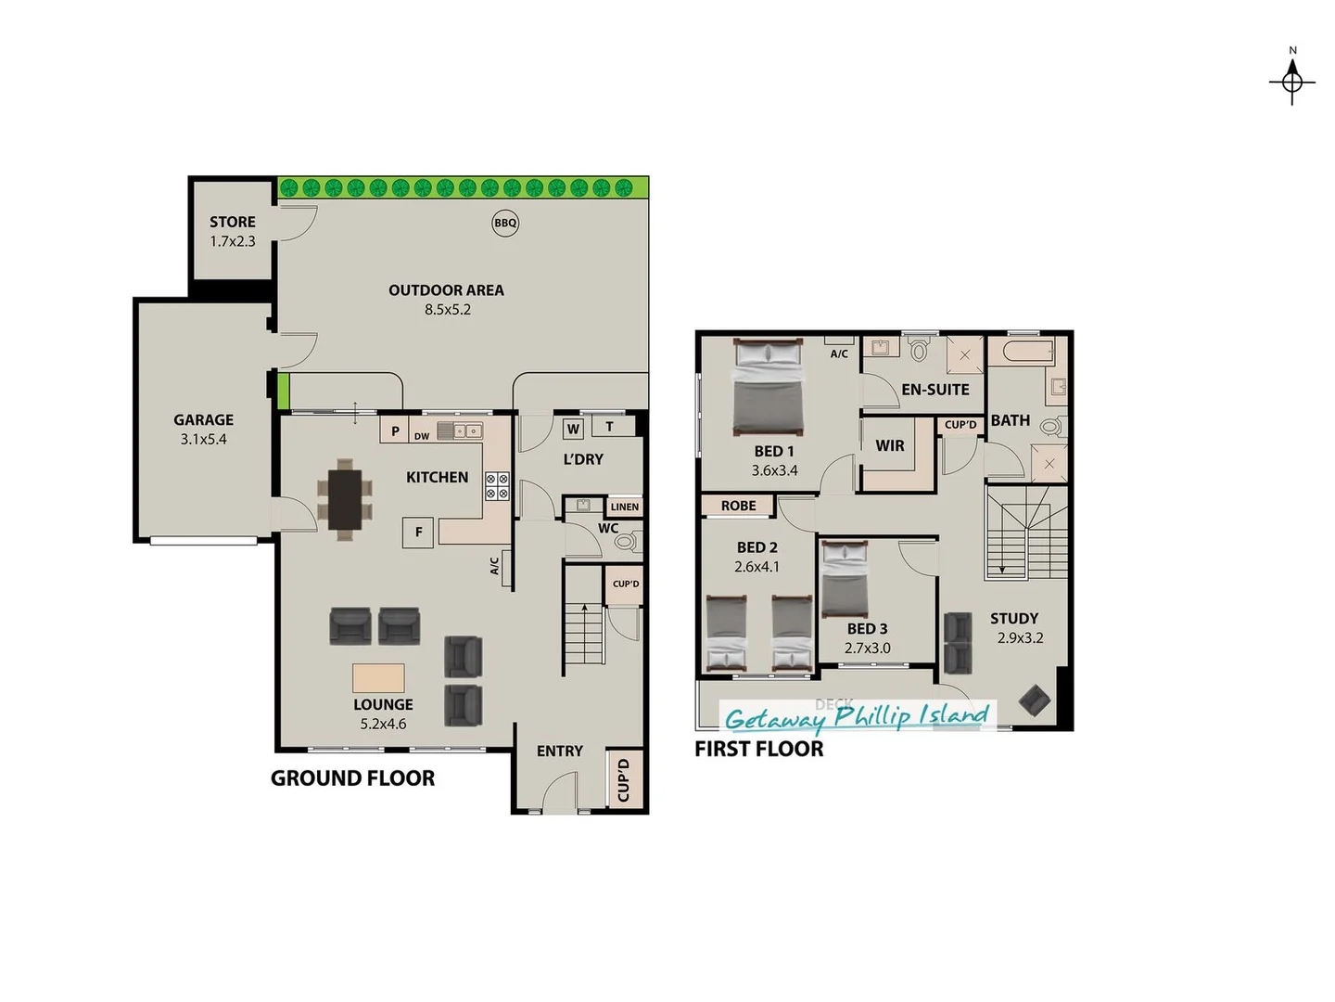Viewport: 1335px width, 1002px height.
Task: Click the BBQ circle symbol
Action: coord(505,223)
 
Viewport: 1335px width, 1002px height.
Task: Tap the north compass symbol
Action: coord(1292,82)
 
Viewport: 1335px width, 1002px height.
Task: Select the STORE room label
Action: coord(232,222)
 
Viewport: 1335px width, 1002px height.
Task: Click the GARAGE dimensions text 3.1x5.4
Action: coord(203,440)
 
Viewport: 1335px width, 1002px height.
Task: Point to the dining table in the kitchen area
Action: coord(345,498)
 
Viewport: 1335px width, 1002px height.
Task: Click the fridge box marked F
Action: coord(418,532)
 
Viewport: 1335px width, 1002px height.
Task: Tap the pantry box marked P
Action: coord(395,430)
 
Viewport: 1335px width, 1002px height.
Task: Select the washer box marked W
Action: coord(573,429)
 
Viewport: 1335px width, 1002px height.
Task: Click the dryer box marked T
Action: coord(609,427)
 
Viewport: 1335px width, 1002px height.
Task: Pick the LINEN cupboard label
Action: coord(625,507)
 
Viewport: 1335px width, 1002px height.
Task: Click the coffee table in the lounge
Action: coord(378,678)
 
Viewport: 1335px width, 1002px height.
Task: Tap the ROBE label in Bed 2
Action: coord(738,506)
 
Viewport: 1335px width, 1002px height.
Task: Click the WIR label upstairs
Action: coord(890,446)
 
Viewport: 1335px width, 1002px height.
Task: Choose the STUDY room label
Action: coord(1014,619)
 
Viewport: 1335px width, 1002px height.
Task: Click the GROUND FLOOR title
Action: coord(352,778)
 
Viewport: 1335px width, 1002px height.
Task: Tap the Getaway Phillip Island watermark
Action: coord(857,716)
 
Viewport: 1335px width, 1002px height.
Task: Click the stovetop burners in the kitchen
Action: coord(498,486)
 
